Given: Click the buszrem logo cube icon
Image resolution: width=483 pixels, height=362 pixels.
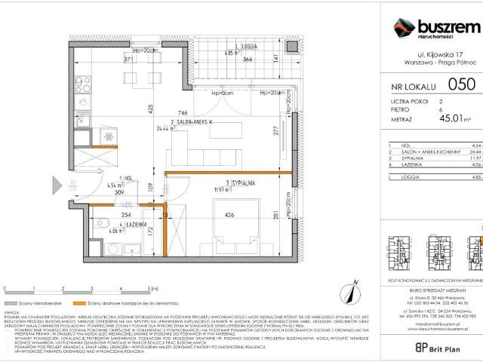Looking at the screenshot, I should pos(403,28).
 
